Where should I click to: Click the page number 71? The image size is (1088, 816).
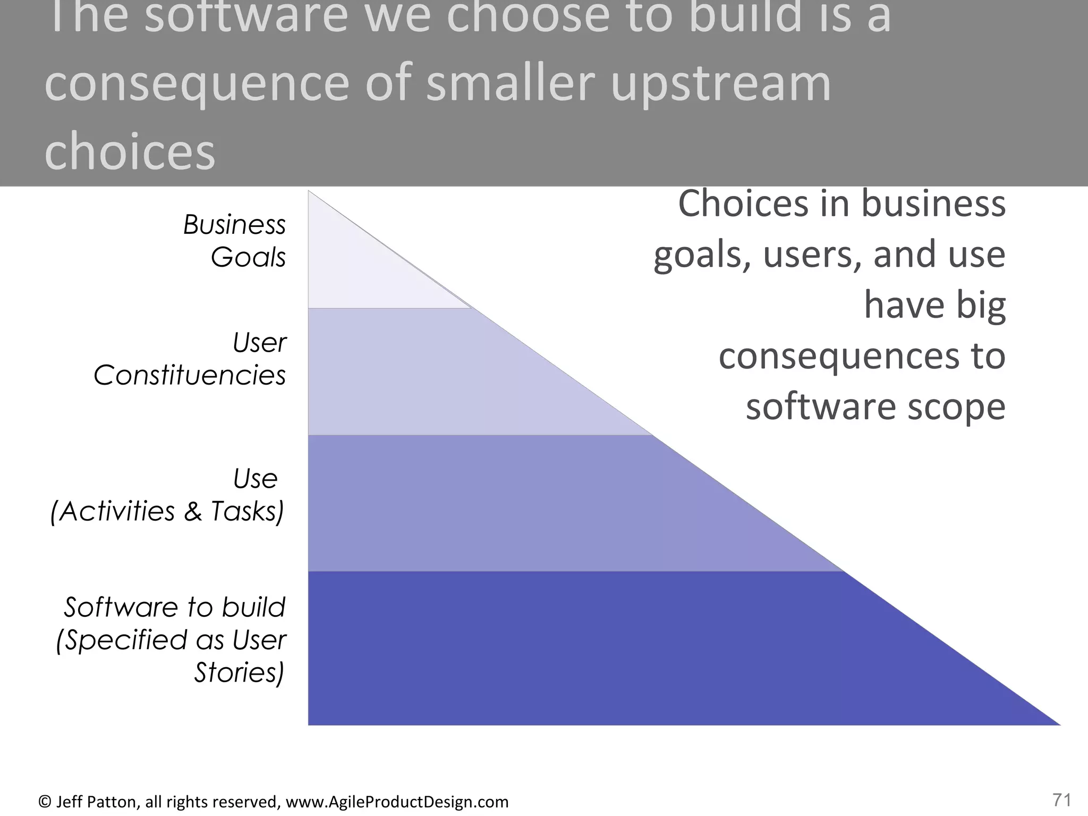tap(1061, 800)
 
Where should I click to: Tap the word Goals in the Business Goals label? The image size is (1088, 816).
tap(248, 258)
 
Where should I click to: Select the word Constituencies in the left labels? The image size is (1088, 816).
tap(190, 376)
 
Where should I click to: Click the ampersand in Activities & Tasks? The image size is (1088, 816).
tap(193, 512)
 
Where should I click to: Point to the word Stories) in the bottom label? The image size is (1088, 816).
tap(239, 673)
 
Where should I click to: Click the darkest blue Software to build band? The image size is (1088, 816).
tap(584, 648)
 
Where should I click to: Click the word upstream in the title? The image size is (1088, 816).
tap(720, 85)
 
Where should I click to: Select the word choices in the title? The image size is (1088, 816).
tap(130, 152)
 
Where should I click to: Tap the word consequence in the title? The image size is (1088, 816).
tap(197, 85)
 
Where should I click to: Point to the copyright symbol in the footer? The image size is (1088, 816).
tap(45, 802)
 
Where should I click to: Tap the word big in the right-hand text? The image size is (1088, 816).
tap(981, 306)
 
